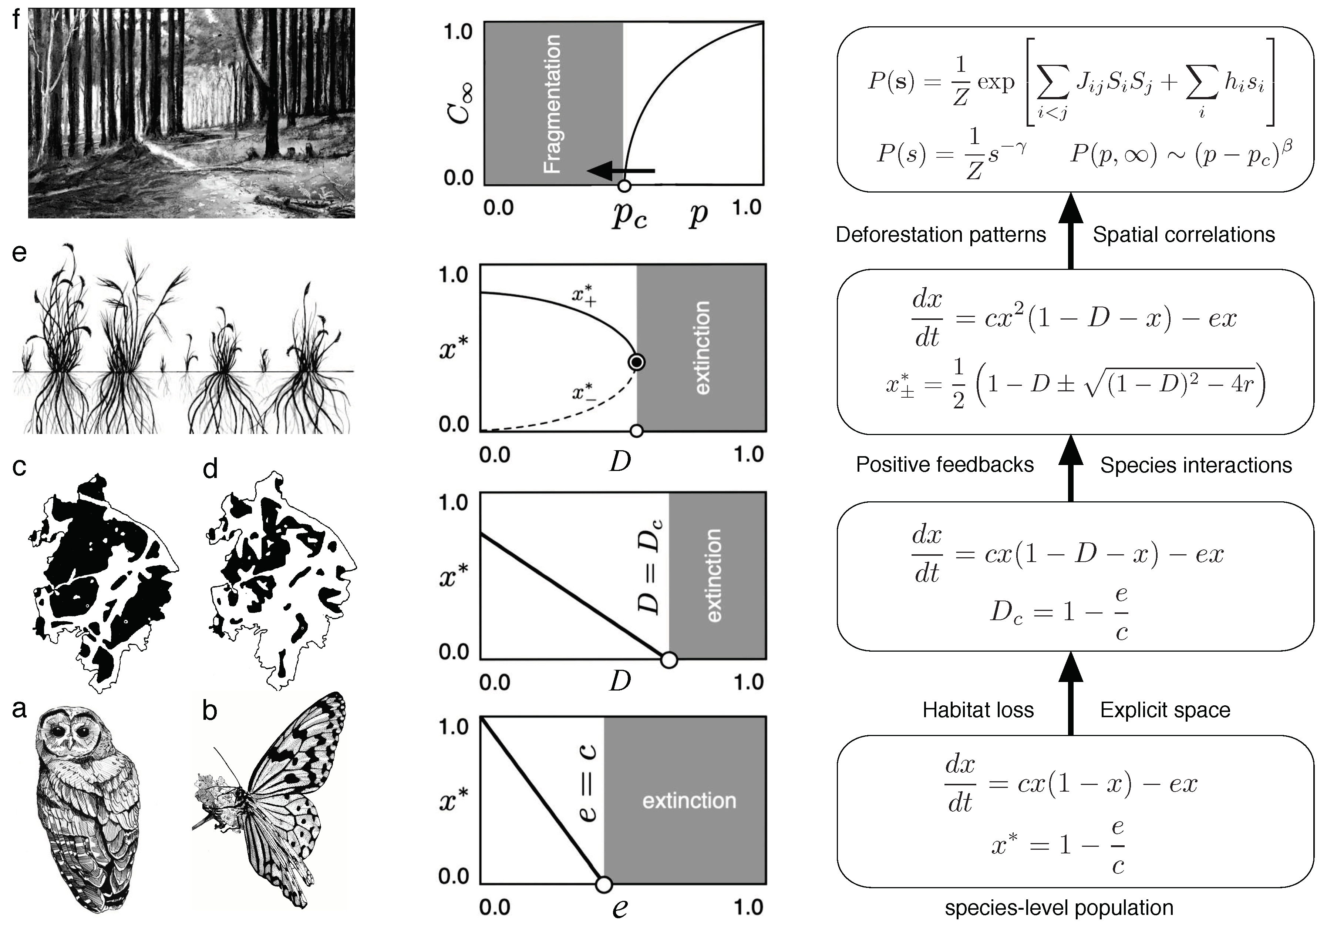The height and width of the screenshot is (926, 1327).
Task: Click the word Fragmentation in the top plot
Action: pos(553,104)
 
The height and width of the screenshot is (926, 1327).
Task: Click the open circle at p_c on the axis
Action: pos(624,185)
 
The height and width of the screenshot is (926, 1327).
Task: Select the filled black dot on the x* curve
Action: pos(636,362)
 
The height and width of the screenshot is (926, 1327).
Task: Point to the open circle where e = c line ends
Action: pos(603,885)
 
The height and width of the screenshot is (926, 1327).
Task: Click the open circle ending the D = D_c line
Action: pos(669,660)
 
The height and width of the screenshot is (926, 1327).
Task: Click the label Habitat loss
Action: pos(978,710)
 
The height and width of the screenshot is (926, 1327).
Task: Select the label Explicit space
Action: pos(1165,710)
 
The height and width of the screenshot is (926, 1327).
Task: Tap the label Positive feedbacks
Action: pos(944,464)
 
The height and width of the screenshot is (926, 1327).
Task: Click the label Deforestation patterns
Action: pos(940,234)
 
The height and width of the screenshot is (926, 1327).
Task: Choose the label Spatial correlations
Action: pos(1184,234)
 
